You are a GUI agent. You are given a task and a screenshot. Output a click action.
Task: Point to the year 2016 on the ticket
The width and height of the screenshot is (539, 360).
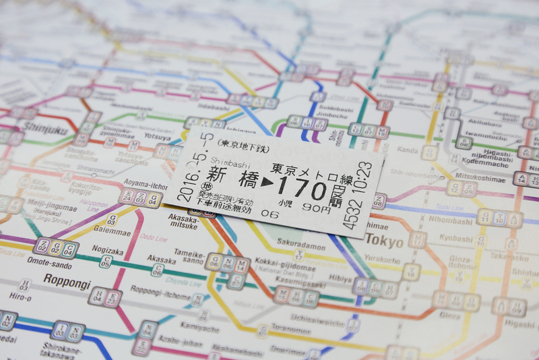(184, 186)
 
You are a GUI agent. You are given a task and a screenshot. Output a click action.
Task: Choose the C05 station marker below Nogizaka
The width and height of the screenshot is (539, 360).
(105, 262)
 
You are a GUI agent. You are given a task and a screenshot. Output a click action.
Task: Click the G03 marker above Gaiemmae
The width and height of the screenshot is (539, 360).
(113, 219)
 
